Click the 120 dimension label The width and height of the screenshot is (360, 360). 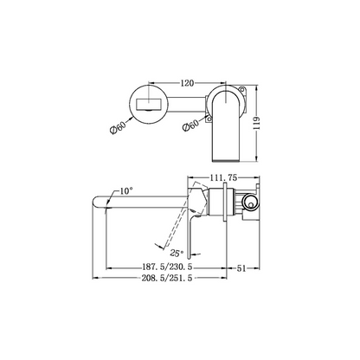(187, 83)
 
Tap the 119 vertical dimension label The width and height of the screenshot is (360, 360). (257, 123)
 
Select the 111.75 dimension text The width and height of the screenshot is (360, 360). (223, 178)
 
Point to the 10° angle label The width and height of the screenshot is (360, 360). (126, 191)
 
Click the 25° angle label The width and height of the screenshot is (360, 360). (177, 253)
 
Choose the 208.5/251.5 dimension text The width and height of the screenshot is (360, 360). (167, 278)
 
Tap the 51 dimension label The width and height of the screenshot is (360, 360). (241, 268)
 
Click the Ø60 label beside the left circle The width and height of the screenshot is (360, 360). (119, 128)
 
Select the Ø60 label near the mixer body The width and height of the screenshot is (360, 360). (191, 125)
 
